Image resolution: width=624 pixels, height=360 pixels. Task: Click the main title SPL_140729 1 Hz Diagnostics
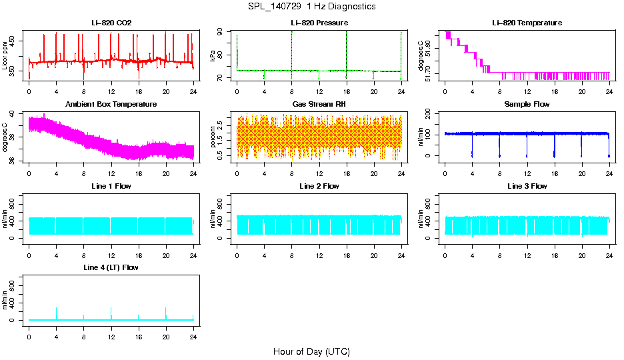click(311, 7)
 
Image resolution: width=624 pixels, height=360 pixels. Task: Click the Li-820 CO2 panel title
click(111, 23)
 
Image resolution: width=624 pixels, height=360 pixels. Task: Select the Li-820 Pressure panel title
click(319, 23)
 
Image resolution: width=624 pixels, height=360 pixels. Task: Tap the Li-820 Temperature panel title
click(527, 23)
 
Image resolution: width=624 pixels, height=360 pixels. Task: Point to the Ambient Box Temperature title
click(111, 105)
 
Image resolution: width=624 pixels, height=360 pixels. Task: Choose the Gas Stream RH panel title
click(319, 105)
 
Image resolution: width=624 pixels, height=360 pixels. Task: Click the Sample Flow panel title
click(527, 105)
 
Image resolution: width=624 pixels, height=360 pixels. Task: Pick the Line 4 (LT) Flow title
click(111, 267)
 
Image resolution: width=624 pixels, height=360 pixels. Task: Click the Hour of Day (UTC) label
click(311, 351)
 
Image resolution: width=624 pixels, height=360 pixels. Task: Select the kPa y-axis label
click(213, 56)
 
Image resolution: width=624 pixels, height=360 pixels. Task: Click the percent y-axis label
click(213, 137)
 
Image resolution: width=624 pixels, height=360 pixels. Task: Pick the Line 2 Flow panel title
click(319, 186)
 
